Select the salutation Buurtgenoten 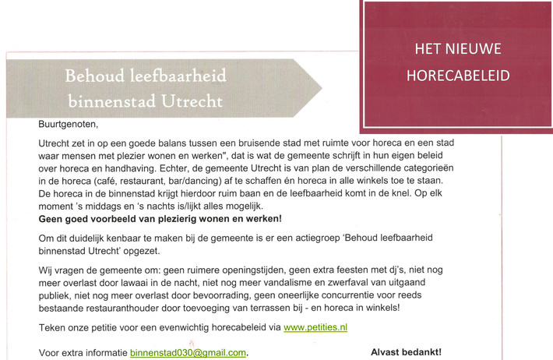69,123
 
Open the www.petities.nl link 315,328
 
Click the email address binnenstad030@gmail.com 188,353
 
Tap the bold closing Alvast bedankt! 407,352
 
